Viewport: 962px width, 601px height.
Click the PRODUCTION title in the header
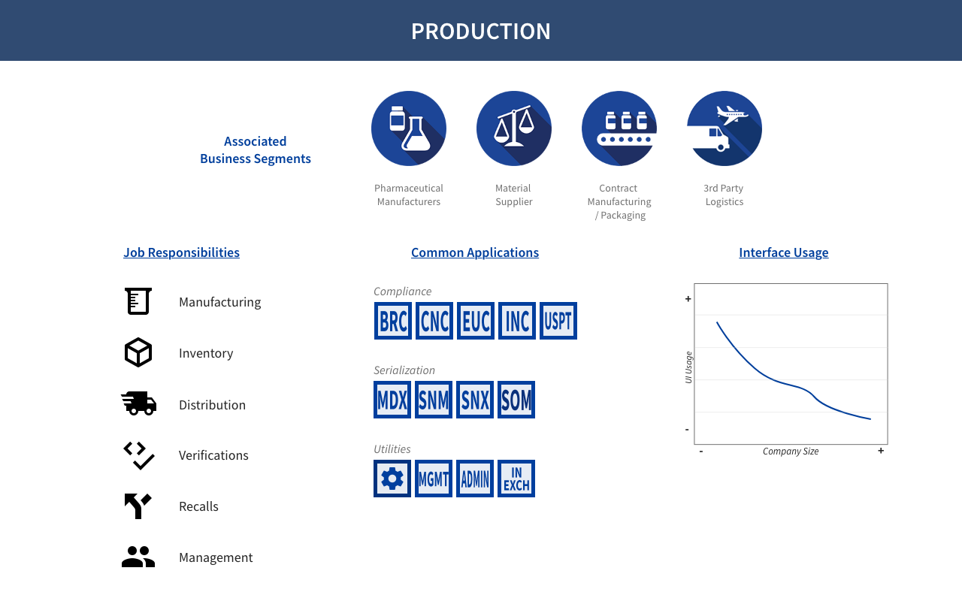481,31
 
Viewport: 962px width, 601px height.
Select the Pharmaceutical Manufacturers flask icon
409,128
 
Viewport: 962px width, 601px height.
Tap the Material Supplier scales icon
514,128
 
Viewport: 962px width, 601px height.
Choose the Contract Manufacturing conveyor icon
619,128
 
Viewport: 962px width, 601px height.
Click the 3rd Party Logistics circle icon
725,128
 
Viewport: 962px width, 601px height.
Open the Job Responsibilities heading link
181,252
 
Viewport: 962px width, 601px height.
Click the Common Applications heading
475,252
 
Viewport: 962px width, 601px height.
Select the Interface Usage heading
783,252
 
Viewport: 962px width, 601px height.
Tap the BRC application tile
393,321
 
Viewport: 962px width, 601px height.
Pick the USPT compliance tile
558,321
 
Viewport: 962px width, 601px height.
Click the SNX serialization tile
475,400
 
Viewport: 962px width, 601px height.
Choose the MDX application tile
392,400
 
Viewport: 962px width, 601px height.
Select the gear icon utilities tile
392,479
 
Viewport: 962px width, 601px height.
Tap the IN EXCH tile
516,479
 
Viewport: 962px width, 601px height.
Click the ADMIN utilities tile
475,479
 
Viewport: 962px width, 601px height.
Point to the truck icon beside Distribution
139,403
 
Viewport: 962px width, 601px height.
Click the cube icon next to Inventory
138,352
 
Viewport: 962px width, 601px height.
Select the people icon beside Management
138,557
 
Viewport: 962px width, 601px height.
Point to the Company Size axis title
791,452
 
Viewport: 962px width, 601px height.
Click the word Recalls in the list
198,506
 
